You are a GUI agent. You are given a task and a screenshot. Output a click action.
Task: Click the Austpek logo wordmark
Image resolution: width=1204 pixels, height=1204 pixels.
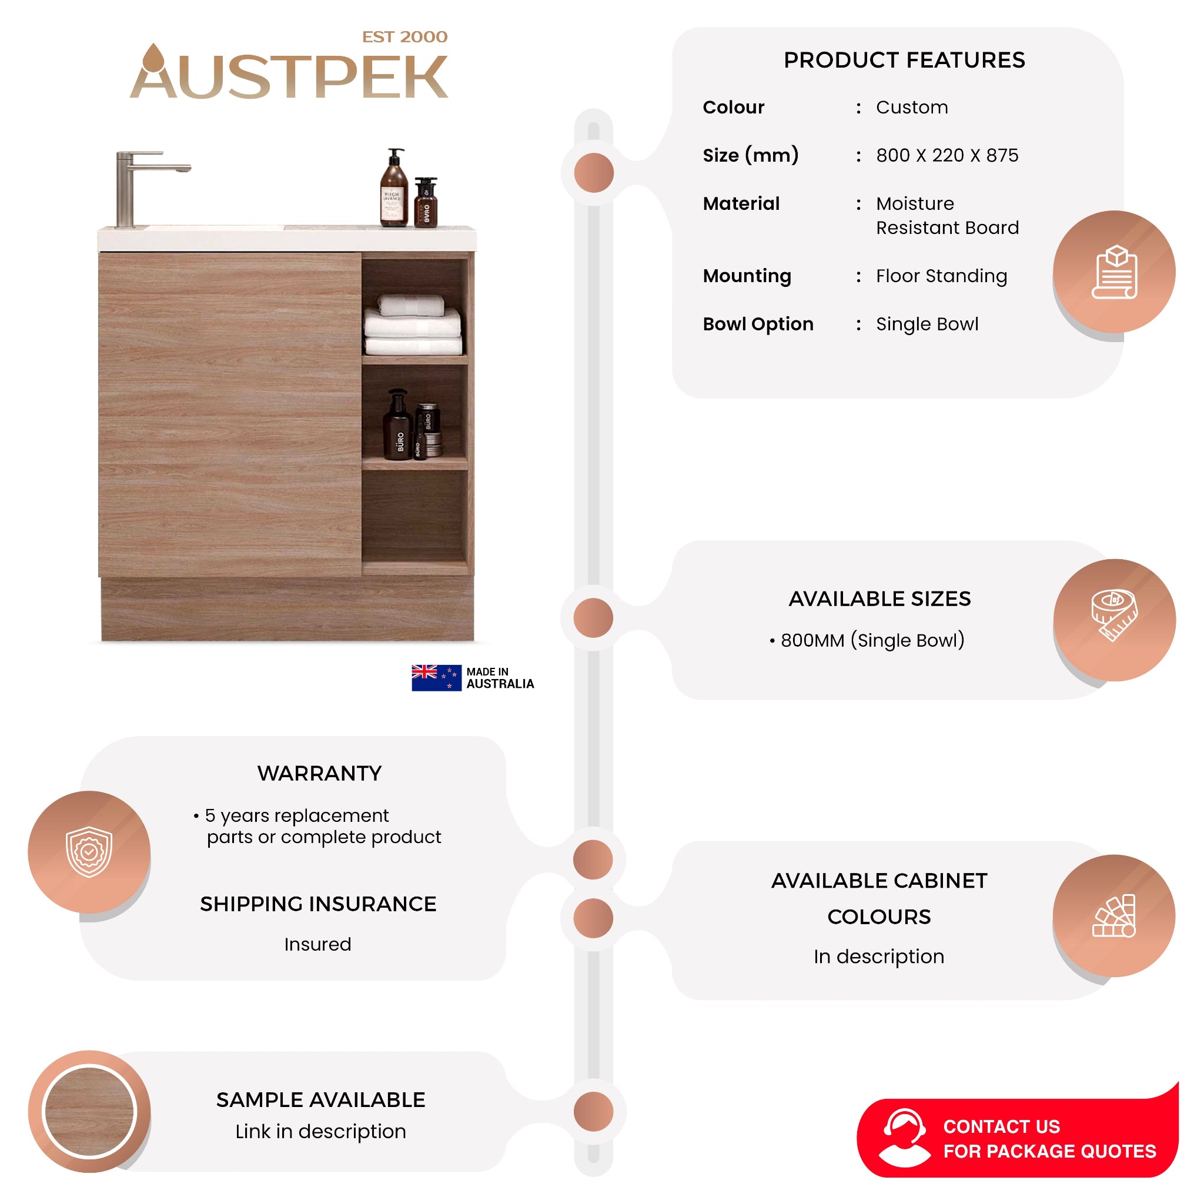tap(289, 72)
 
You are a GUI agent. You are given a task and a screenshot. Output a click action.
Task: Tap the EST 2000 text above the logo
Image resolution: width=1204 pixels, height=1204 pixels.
tap(405, 37)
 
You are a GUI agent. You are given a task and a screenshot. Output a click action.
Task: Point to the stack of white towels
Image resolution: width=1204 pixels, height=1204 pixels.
tap(413, 325)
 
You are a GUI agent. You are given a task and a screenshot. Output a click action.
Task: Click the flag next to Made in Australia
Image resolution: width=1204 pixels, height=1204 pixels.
tap(436, 678)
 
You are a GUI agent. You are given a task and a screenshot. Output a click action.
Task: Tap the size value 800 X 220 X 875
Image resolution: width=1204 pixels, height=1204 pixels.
tap(947, 155)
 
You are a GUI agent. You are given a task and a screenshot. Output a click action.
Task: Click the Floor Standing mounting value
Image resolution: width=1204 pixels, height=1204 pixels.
tap(941, 276)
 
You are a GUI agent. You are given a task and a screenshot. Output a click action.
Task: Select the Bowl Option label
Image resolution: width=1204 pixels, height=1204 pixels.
tap(758, 324)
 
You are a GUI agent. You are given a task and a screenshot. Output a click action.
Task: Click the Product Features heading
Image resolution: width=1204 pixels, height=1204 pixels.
tap(904, 60)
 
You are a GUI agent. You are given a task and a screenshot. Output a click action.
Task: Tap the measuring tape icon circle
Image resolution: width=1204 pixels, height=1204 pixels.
tap(1115, 620)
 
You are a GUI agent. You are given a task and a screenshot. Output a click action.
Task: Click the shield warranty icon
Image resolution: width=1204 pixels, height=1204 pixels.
tap(89, 852)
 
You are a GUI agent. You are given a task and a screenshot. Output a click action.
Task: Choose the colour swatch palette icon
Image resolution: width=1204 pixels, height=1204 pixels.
tap(1114, 915)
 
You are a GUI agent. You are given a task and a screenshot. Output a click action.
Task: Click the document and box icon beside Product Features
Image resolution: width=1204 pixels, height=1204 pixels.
tap(1115, 272)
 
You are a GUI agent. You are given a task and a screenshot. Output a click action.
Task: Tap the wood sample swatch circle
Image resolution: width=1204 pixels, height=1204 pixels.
tap(89, 1112)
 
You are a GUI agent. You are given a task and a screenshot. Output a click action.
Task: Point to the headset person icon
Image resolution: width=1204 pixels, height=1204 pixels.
tap(904, 1138)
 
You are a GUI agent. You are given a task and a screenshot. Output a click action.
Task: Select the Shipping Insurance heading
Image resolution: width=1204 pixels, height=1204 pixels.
tap(318, 904)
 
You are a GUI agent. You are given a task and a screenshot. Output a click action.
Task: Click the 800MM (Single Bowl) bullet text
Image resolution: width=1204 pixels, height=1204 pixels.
tap(867, 640)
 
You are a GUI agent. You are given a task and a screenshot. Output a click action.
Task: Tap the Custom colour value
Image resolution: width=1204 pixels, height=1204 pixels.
tap(912, 107)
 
